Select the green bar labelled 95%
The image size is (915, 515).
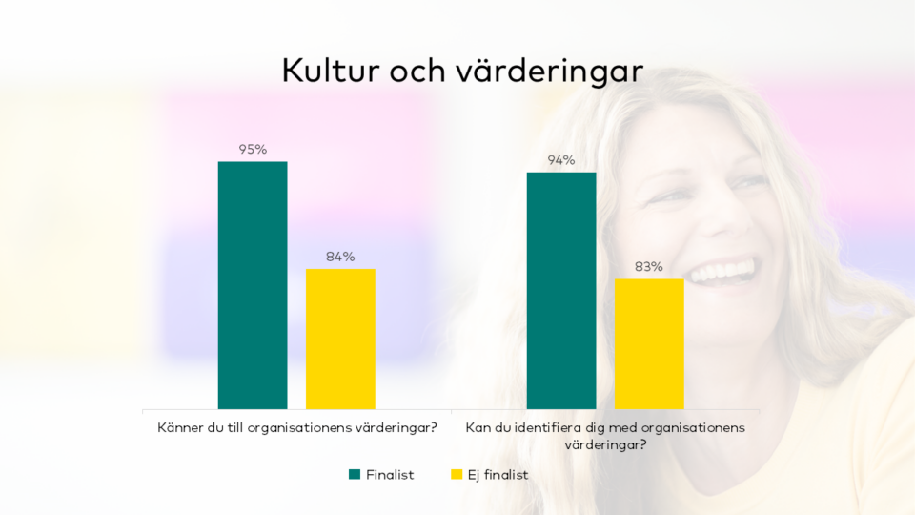click(x=253, y=285)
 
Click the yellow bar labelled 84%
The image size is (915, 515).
click(x=340, y=339)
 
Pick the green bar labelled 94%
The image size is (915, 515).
click(x=561, y=291)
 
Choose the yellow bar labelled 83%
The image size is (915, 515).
click(x=649, y=343)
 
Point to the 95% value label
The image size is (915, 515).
click(x=253, y=149)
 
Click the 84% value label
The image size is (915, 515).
click(x=340, y=256)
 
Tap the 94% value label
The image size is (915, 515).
click(x=561, y=159)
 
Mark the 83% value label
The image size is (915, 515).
click(x=649, y=266)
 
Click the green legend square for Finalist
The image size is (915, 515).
click(x=355, y=474)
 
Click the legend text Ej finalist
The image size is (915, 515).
click(x=498, y=474)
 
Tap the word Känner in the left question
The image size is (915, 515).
click(x=180, y=427)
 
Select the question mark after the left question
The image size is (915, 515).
click(x=433, y=427)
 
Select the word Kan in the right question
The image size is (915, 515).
click(x=478, y=427)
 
